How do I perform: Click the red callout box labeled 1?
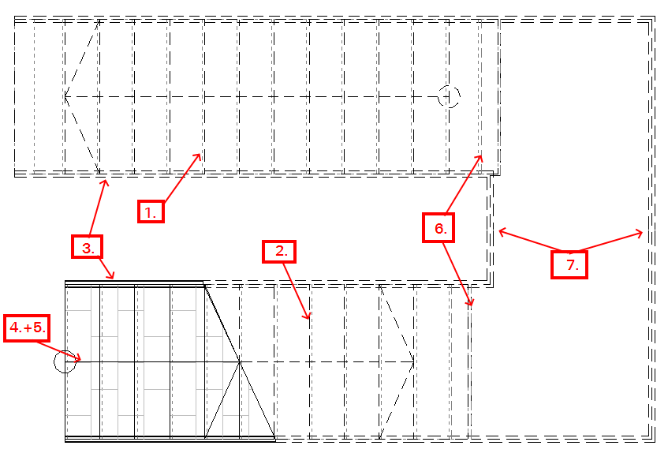pyautogui.click(x=151, y=212)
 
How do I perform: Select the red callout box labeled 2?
pyautogui.click(x=279, y=252)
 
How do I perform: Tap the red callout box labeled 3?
pyautogui.click(x=88, y=247)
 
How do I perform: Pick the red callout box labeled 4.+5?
pyautogui.click(x=27, y=328)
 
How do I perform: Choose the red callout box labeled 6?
pyautogui.click(x=438, y=228)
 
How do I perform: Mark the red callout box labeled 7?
pyautogui.click(x=569, y=264)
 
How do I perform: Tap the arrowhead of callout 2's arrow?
pyautogui.click(x=309, y=318)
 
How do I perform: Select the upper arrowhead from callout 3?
pyautogui.click(x=106, y=181)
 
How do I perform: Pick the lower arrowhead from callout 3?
pyautogui.click(x=114, y=278)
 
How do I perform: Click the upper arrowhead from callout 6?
pyautogui.click(x=481, y=156)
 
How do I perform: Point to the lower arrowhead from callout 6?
pyautogui.click(x=472, y=305)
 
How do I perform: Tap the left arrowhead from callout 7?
pyautogui.click(x=499, y=231)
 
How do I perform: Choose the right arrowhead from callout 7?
pyautogui.click(x=643, y=233)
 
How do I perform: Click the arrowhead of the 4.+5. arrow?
pyautogui.click(x=80, y=361)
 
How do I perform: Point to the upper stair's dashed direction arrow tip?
pyautogui.click(x=65, y=97)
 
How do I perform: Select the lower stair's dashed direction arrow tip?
pyautogui.click(x=414, y=362)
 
